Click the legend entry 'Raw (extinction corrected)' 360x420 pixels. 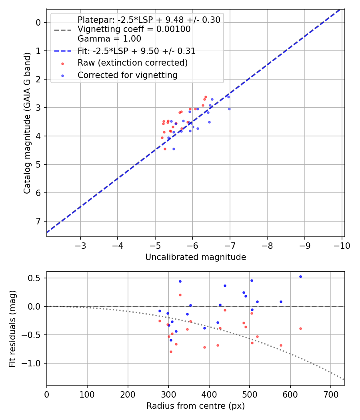(x=132, y=63)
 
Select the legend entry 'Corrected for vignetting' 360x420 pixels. (x=127, y=75)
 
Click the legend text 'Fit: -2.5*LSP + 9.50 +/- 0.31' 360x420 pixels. (x=136, y=51)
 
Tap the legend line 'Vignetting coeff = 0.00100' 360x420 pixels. (x=134, y=29)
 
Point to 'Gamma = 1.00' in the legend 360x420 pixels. (x=109, y=39)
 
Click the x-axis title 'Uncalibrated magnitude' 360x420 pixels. (x=196, y=257)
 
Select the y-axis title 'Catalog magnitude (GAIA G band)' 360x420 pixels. (x=27, y=123)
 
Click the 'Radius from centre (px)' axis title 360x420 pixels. (x=196, y=406)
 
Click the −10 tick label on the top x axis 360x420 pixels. (x=341, y=245)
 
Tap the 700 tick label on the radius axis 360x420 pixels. (x=330, y=394)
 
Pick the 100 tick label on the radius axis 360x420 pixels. (x=87, y=394)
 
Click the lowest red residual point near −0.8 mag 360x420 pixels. (x=171, y=352)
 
